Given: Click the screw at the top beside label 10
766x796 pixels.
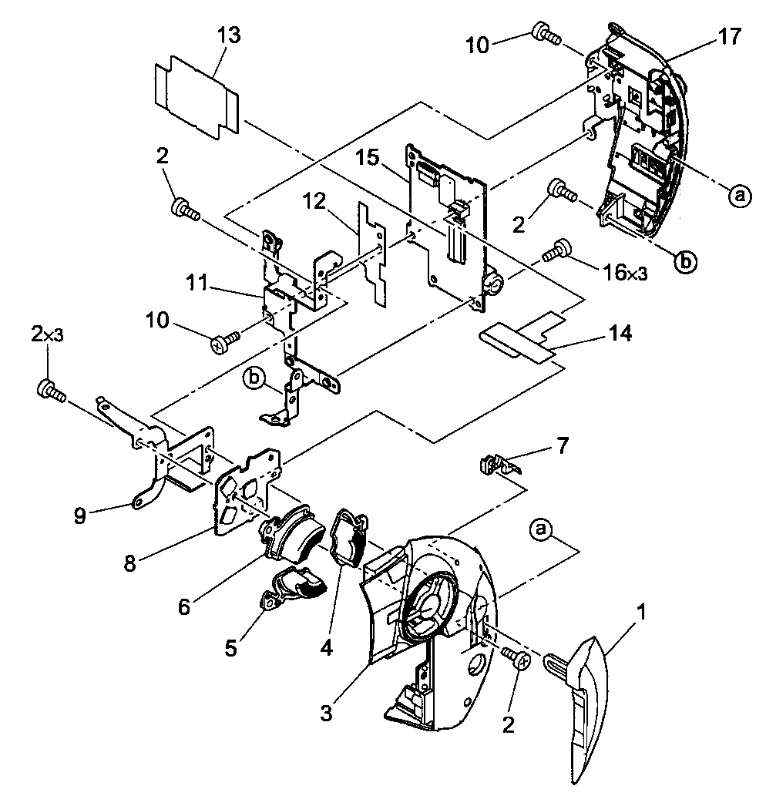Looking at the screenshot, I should pyautogui.click(x=546, y=32).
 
